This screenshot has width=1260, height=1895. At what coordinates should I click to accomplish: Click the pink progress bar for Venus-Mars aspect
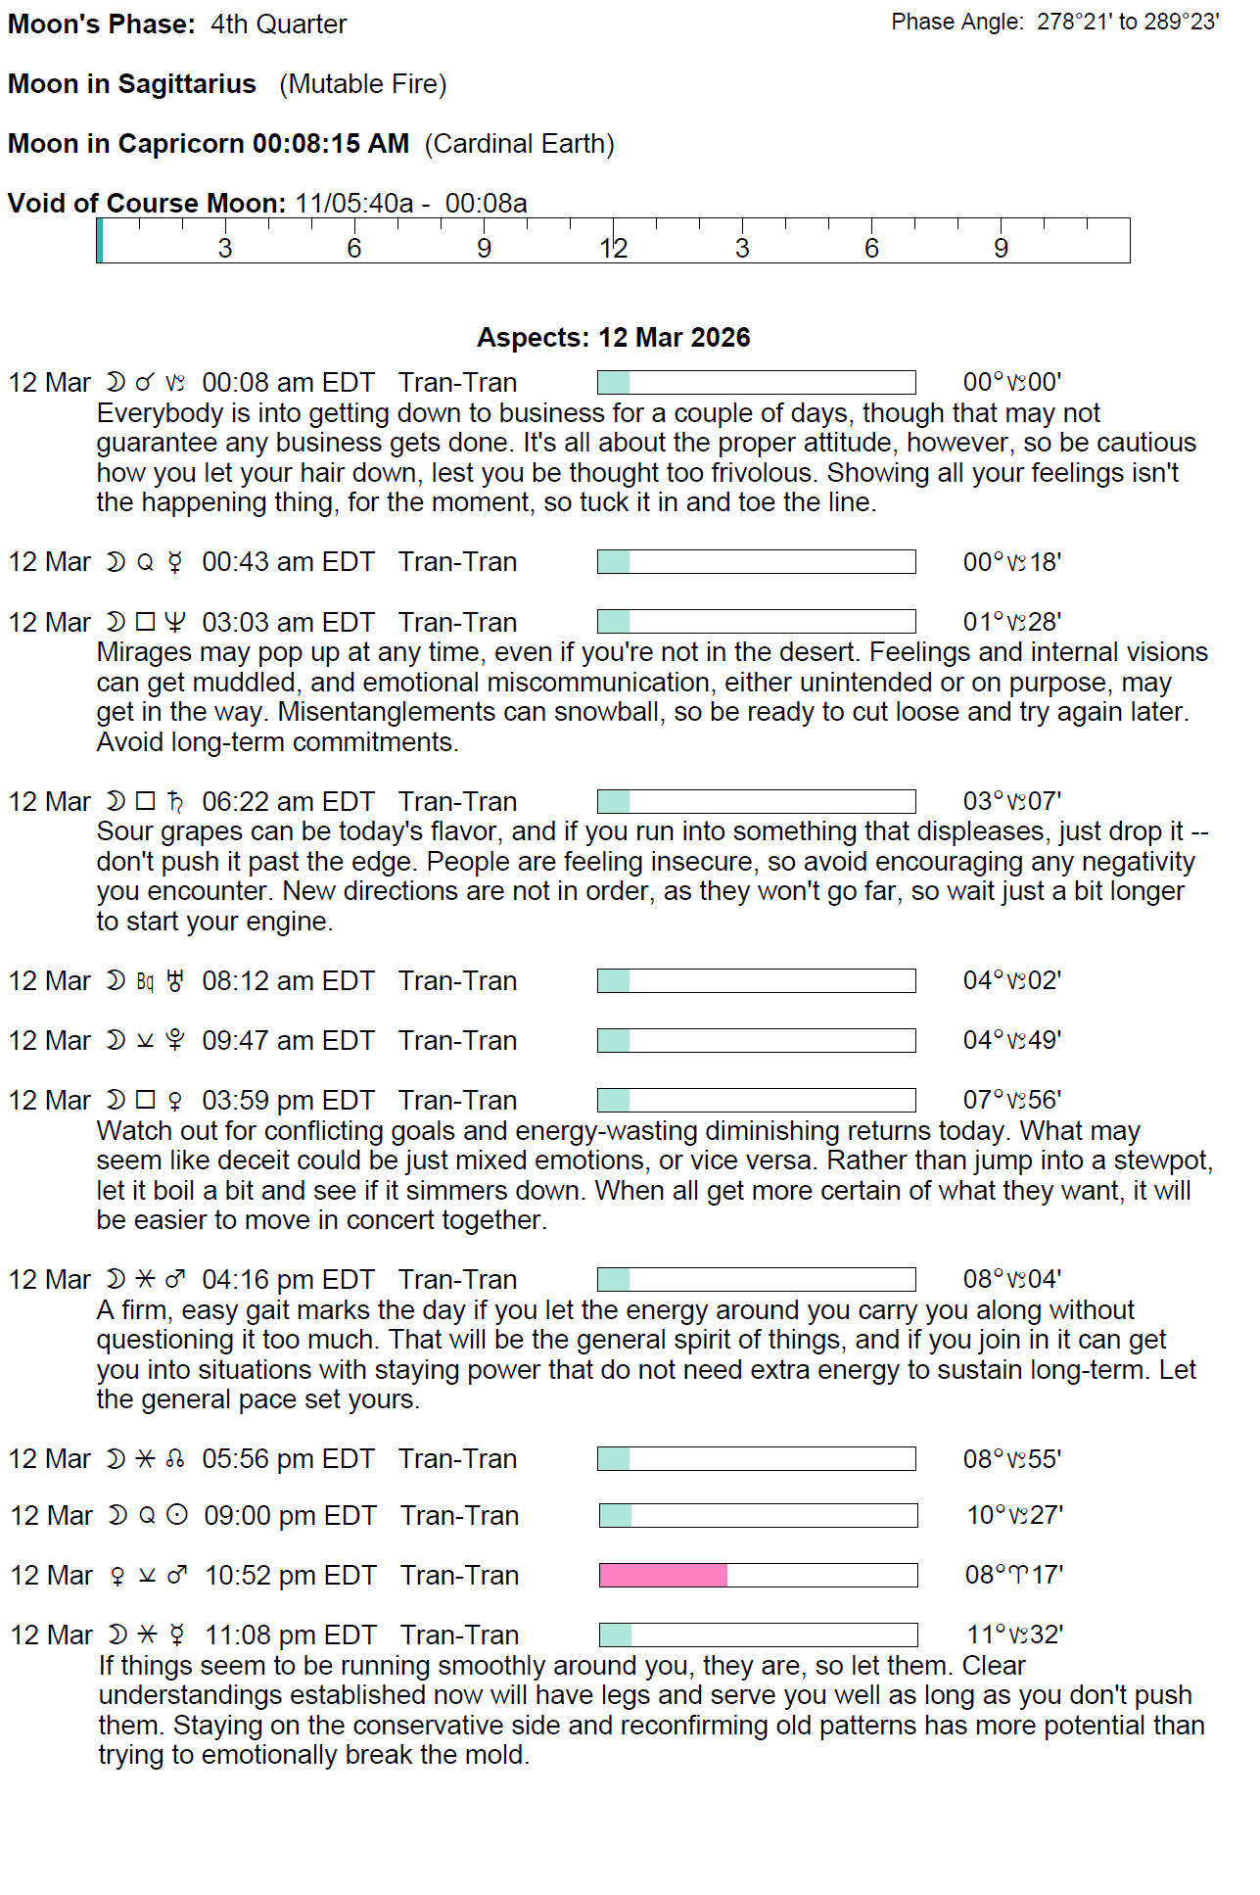tap(664, 1575)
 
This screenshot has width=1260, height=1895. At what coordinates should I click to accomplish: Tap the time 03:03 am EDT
tap(288, 623)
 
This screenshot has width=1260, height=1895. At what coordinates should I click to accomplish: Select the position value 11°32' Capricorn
tap(1014, 1634)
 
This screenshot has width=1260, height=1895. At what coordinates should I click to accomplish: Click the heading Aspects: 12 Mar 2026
tap(613, 338)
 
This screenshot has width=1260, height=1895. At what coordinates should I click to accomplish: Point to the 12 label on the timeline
tap(613, 249)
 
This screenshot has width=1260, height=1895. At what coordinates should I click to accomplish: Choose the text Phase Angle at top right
tap(957, 23)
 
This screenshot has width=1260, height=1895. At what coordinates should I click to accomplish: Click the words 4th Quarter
tap(278, 24)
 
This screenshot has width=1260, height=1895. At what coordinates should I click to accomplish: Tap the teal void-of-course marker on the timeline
tap(100, 241)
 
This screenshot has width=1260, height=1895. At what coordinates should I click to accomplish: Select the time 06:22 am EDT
tap(288, 802)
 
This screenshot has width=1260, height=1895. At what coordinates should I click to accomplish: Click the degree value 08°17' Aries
tap(1013, 1575)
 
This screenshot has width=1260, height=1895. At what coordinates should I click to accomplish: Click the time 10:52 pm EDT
tap(290, 1576)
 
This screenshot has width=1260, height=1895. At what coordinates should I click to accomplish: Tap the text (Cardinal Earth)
tap(519, 144)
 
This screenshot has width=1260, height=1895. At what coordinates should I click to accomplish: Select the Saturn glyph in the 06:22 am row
tap(175, 802)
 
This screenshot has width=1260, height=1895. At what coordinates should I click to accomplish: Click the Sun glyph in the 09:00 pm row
tap(177, 1516)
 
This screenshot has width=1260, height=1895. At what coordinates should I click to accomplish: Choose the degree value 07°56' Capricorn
tap(1011, 1100)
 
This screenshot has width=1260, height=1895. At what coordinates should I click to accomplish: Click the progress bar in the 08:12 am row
tap(756, 981)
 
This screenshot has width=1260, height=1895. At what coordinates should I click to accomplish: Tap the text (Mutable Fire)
tap(362, 84)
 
